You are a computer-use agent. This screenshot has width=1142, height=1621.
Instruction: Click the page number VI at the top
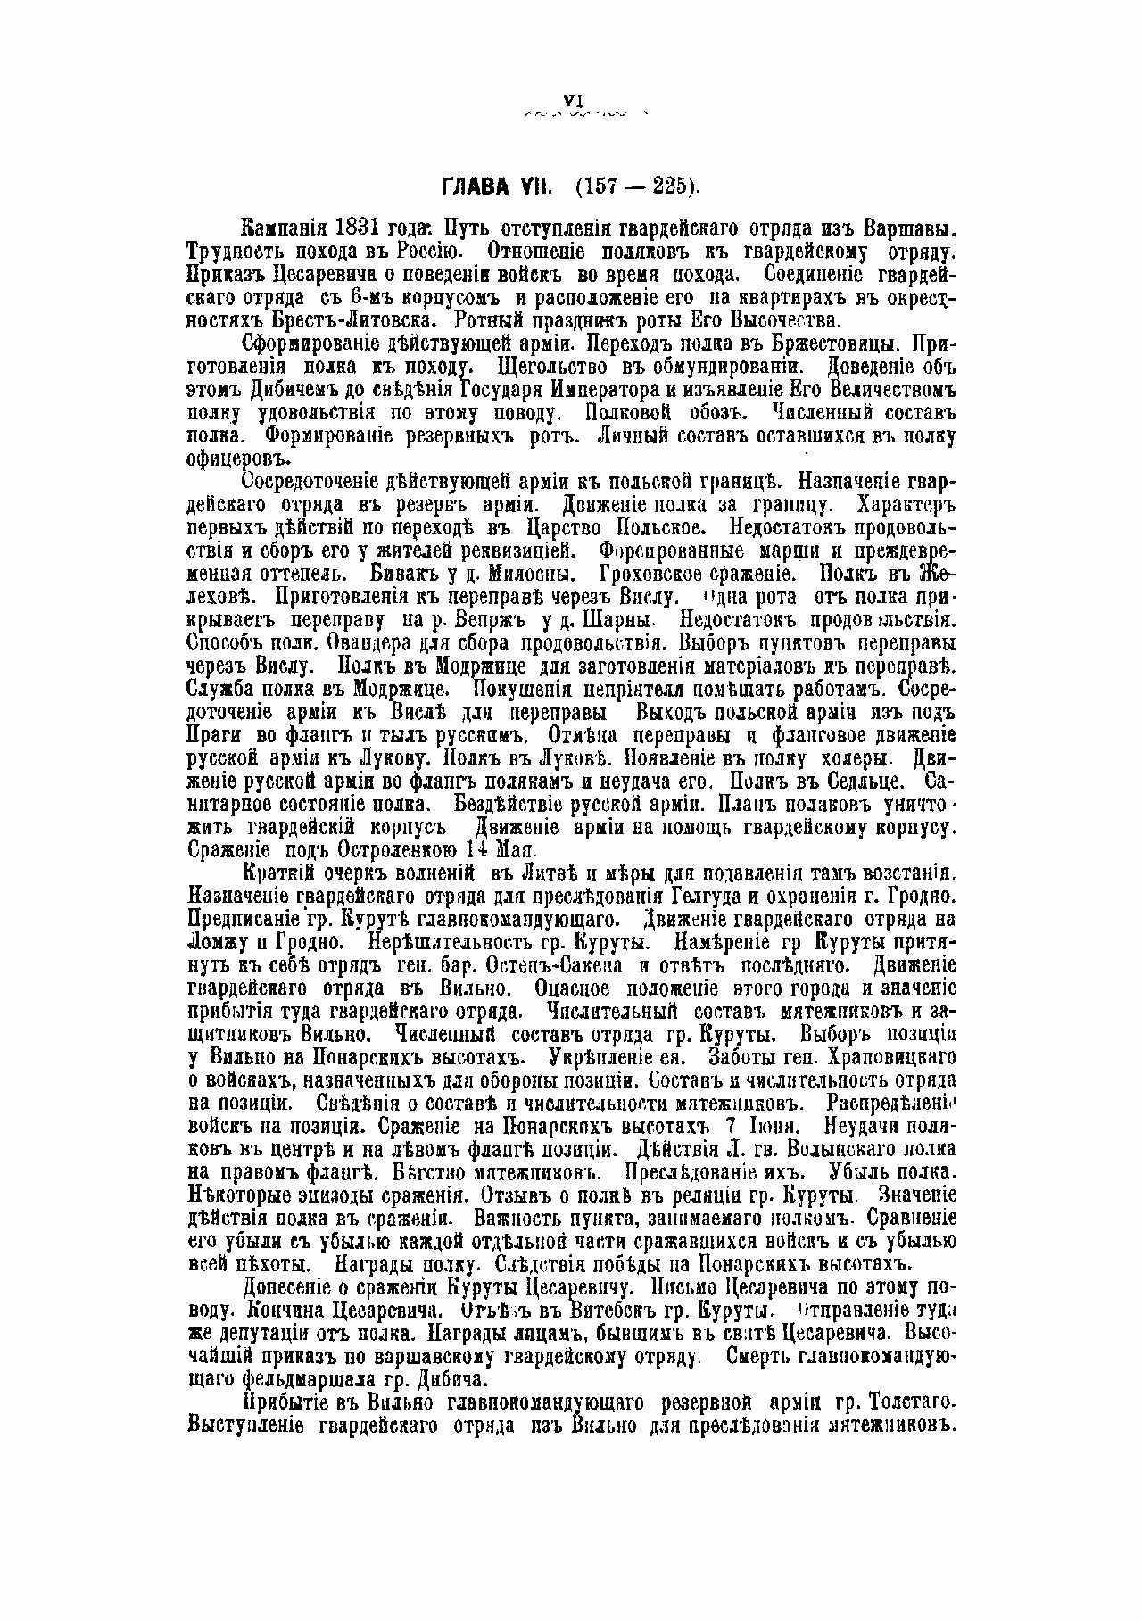(x=573, y=101)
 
